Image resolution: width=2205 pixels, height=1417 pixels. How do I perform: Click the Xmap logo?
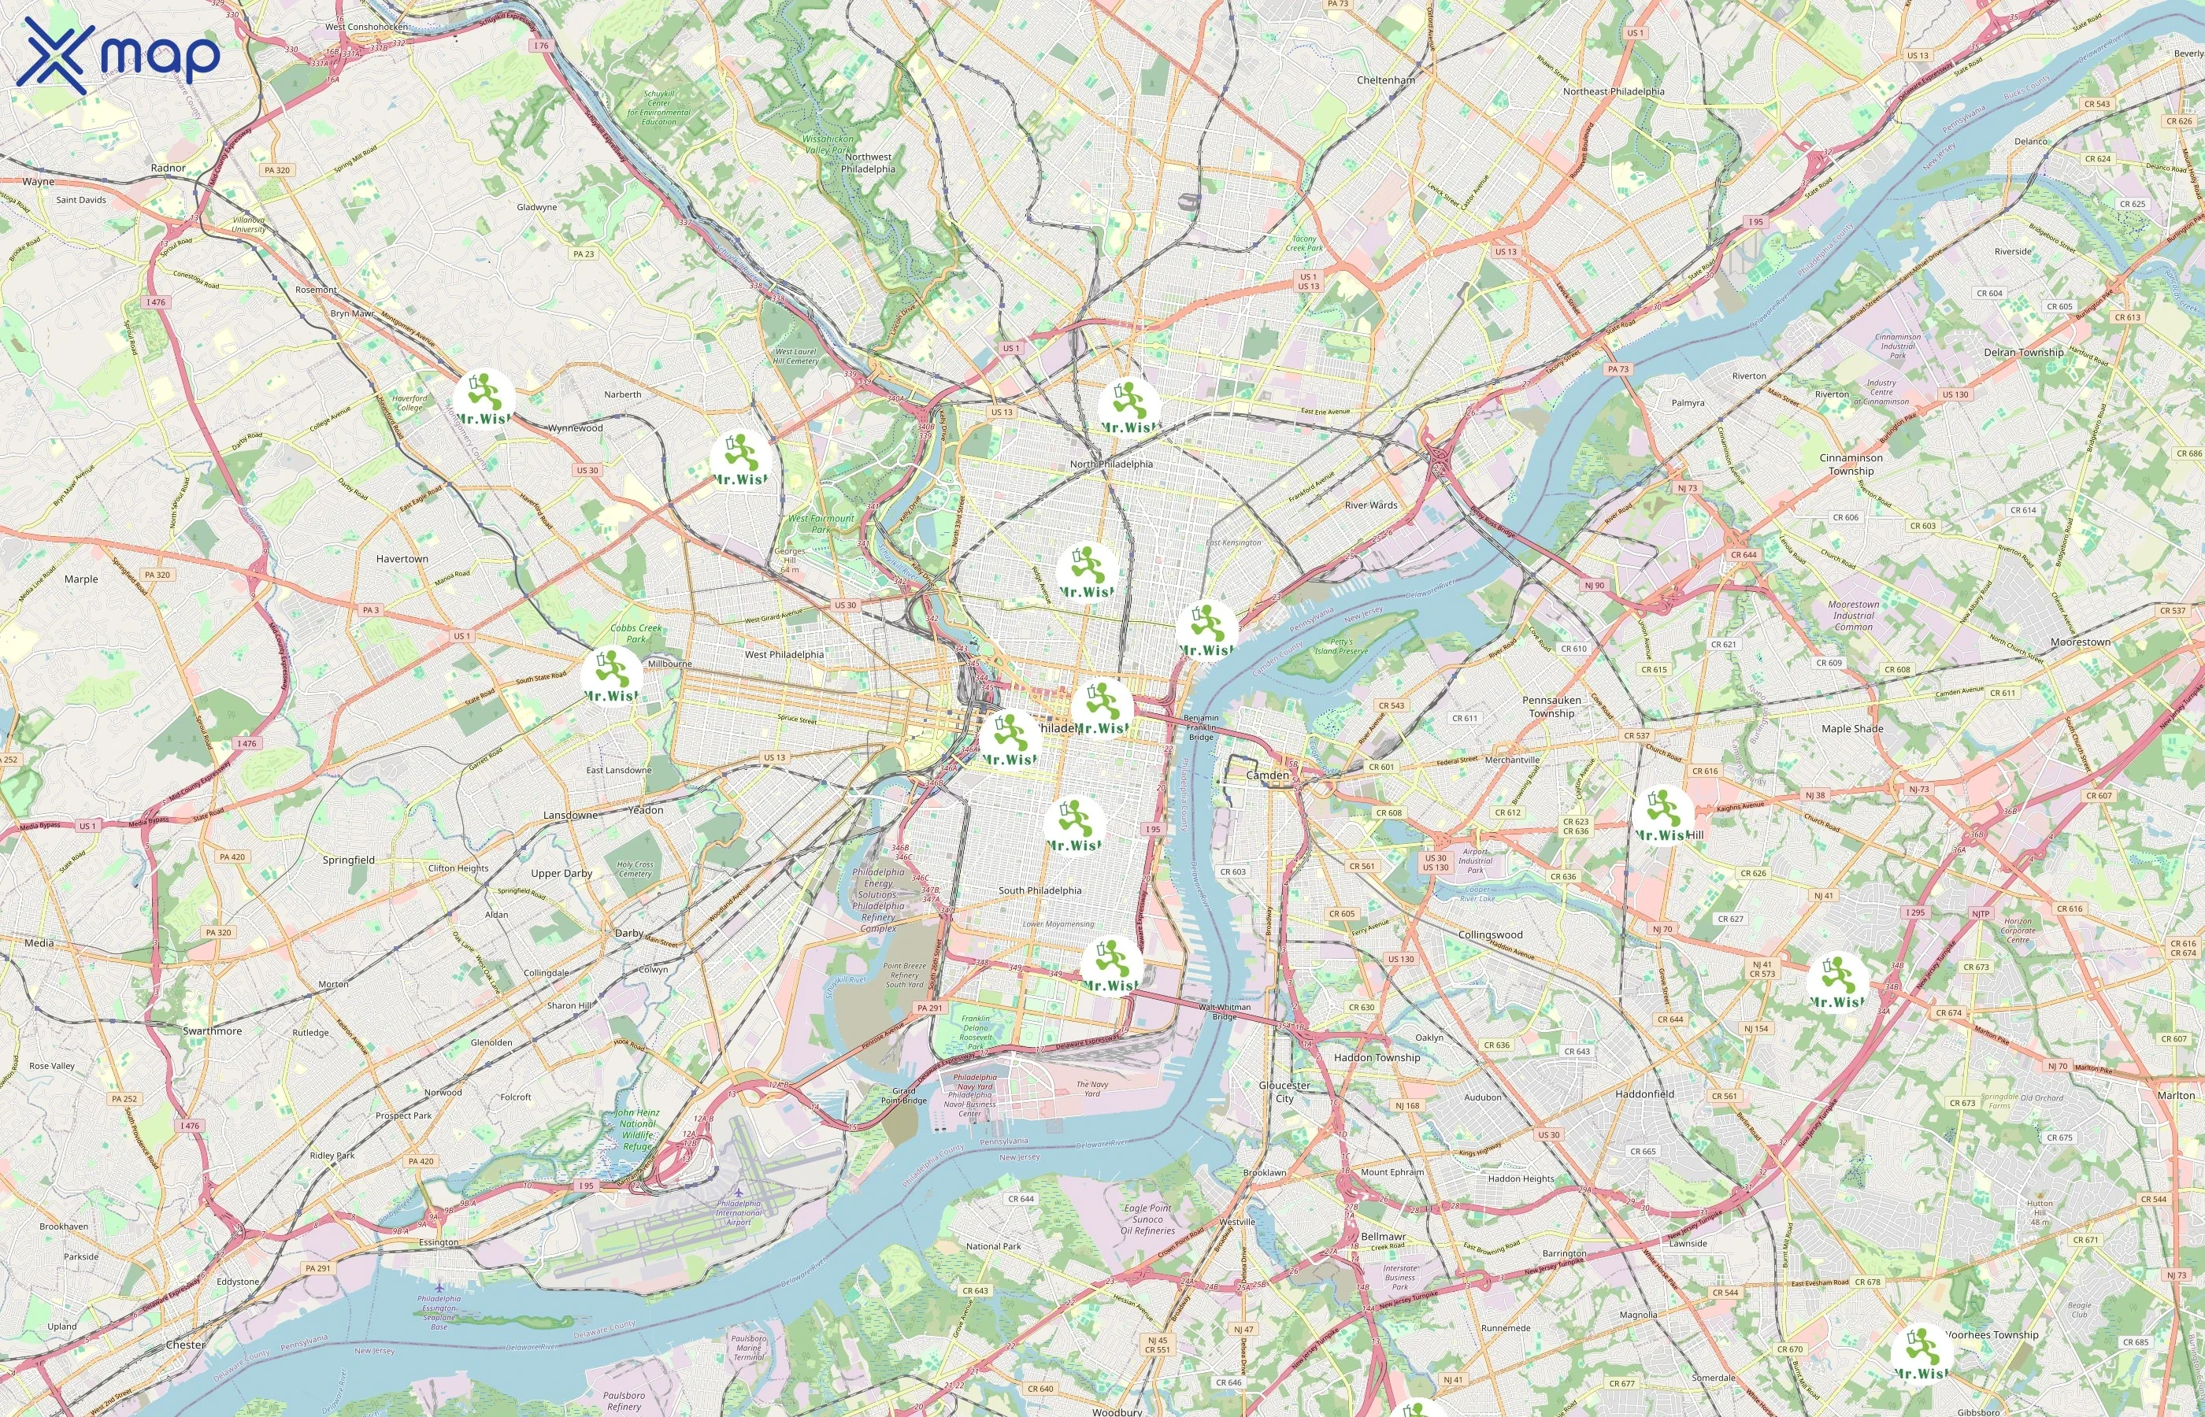(x=118, y=55)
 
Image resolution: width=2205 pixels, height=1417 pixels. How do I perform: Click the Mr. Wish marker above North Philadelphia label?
(x=1130, y=408)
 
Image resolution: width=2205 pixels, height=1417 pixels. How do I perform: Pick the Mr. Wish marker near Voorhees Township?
(x=1921, y=1353)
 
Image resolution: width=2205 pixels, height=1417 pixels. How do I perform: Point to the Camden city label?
(x=1267, y=775)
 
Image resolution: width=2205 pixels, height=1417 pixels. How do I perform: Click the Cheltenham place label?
(x=1385, y=80)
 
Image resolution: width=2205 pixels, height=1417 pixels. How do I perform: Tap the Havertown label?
(x=402, y=558)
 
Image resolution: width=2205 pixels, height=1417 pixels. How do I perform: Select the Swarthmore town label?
(x=212, y=1030)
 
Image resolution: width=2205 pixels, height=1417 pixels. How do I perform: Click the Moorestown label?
(x=2080, y=642)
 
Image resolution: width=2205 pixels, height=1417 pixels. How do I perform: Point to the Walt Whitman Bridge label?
(x=1224, y=1012)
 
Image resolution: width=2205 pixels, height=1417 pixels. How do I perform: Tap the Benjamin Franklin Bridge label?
(x=1200, y=727)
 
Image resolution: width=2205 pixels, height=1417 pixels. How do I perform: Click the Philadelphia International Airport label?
(x=738, y=1212)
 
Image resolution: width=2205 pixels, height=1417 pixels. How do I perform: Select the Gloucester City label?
(x=1284, y=1091)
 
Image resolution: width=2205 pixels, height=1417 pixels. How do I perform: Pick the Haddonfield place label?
(x=1644, y=1093)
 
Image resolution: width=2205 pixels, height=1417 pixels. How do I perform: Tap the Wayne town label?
(x=38, y=181)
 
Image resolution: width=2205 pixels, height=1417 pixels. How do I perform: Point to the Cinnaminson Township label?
(x=1851, y=464)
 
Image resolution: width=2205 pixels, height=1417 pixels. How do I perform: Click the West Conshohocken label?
(x=365, y=27)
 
